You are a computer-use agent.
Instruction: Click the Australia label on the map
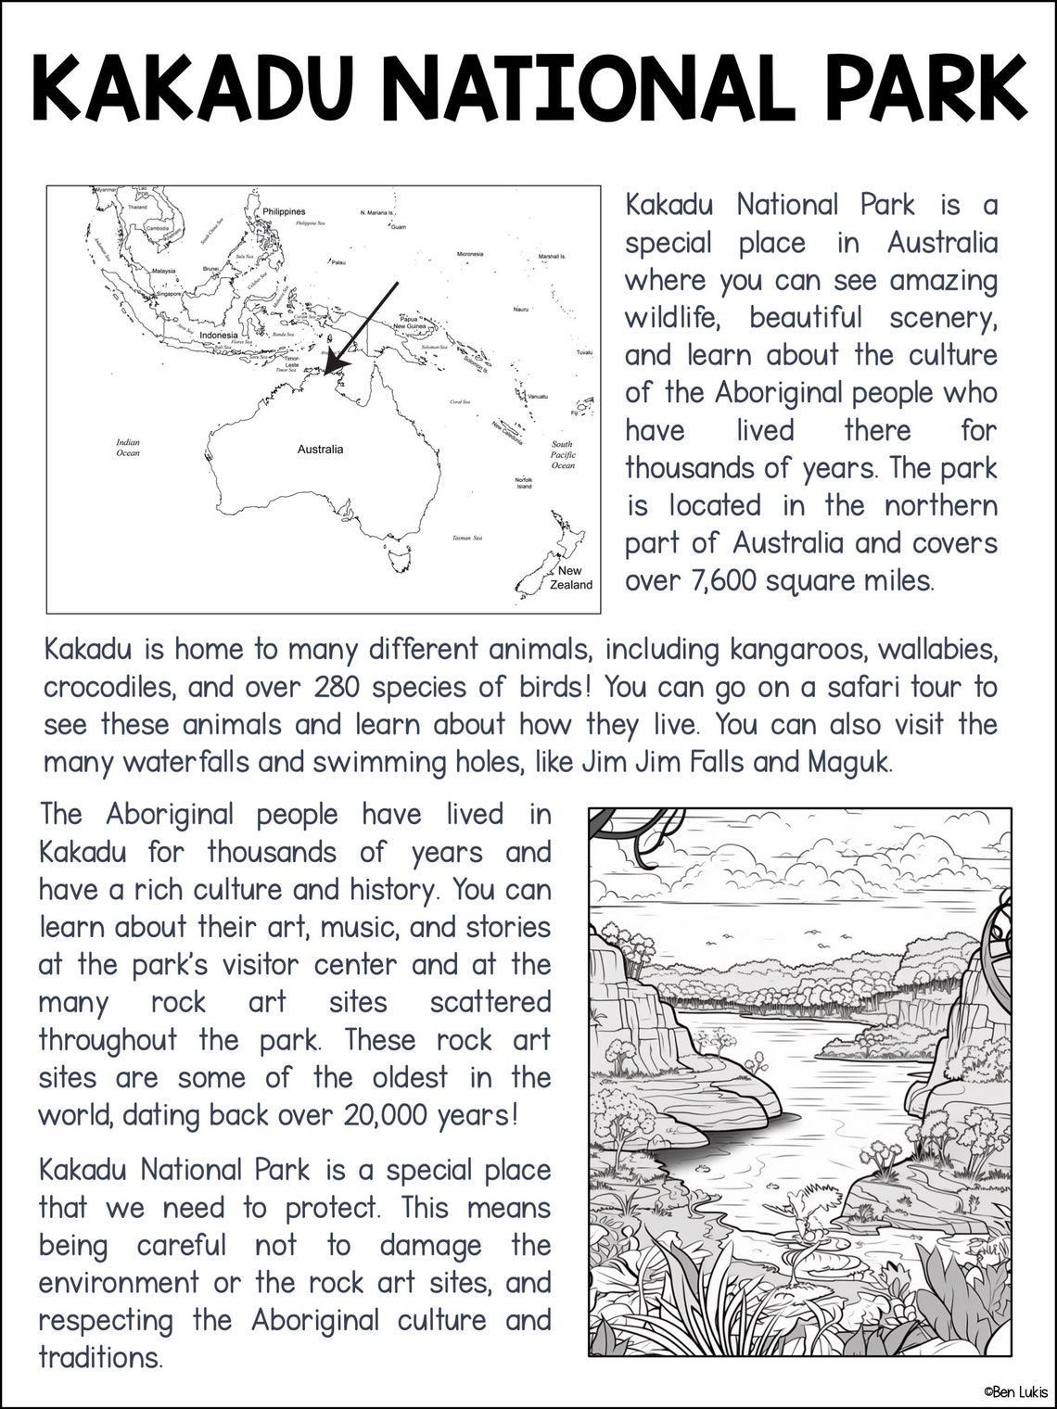(320, 450)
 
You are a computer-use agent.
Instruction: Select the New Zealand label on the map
(570, 578)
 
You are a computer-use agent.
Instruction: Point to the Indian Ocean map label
(128, 448)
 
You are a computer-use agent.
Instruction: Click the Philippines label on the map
(284, 212)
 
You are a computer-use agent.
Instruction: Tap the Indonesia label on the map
(219, 335)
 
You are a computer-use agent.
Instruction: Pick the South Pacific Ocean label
(563, 455)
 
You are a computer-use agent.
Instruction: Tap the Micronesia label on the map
(470, 254)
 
